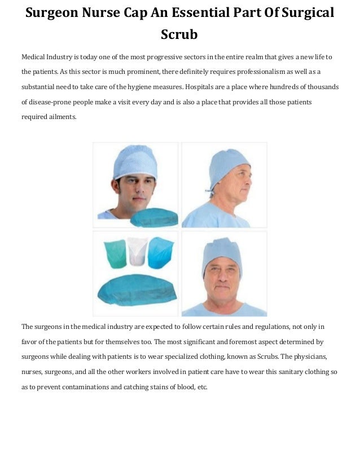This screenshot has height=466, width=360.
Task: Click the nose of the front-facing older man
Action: (223, 279)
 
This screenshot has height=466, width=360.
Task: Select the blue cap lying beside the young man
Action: (153, 216)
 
